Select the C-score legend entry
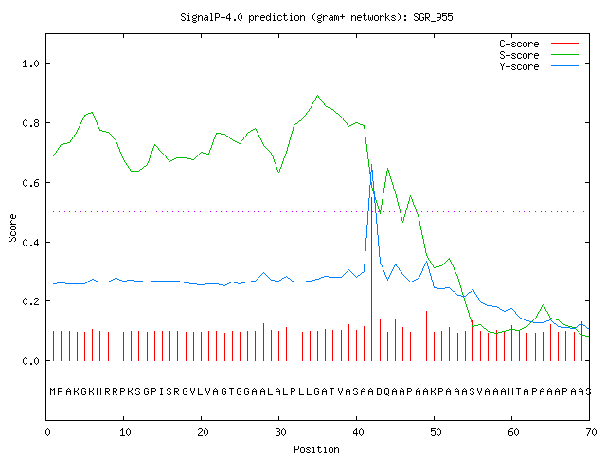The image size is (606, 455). click(539, 44)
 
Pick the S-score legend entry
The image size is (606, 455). click(539, 55)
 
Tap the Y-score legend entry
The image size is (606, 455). click(539, 66)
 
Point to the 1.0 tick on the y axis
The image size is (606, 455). click(31, 64)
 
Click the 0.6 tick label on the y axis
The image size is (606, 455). click(31, 183)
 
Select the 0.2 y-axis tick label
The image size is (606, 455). click(31, 301)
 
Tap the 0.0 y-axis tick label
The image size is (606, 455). click(31, 361)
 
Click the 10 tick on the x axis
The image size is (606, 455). click(125, 432)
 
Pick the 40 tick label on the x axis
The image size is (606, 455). click(358, 432)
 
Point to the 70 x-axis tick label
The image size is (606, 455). click(592, 432)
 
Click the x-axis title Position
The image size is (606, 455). click(316, 449)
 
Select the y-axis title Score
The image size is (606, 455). click(12, 228)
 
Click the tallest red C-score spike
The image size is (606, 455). click(372, 279)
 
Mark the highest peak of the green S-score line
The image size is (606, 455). click(318, 95)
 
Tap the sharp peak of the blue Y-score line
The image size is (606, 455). click(372, 165)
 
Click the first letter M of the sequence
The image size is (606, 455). click(53, 391)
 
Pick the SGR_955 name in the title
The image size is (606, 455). click(433, 17)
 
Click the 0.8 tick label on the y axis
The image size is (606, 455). click(31, 123)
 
